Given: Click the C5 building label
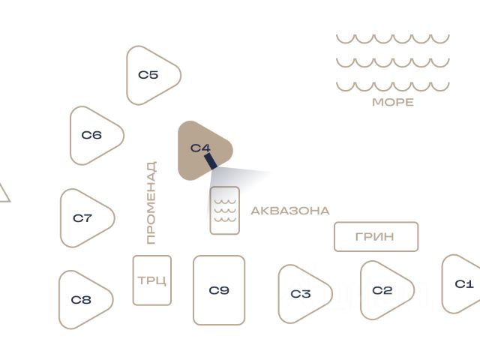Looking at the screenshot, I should pyautogui.click(x=148, y=75).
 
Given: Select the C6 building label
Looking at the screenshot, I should pyautogui.click(x=91, y=136).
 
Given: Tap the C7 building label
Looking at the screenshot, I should pyautogui.click(x=82, y=218).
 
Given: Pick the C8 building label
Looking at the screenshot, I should pyautogui.click(x=81, y=300).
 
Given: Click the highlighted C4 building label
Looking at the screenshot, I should pyautogui.click(x=200, y=148).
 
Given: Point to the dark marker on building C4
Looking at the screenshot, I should pyautogui.click(x=210, y=160).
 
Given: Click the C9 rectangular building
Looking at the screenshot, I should pyautogui.click(x=219, y=290).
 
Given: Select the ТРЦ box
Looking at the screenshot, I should pyautogui.click(x=152, y=280).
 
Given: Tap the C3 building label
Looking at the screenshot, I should pyautogui.click(x=301, y=294).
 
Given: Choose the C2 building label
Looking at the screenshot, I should pyautogui.click(x=382, y=290).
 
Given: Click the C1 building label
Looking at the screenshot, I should pyautogui.click(x=464, y=283).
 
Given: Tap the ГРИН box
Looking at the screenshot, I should pyautogui.click(x=376, y=237).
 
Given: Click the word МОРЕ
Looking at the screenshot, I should pyautogui.click(x=393, y=102).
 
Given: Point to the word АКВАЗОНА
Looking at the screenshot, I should pyautogui.click(x=289, y=211).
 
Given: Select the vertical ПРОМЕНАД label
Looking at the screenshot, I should pyautogui.click(x=151, y=202).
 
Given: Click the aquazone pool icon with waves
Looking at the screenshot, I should pyautogui.click(x=225, y=211).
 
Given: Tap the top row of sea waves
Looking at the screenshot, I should pyautogui.click(x=392, y=38).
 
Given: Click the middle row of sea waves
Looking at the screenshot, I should pyautogui.click(x=392, y=62).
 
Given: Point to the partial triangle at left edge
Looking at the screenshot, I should pyautogui.click(x=3, y=193).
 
